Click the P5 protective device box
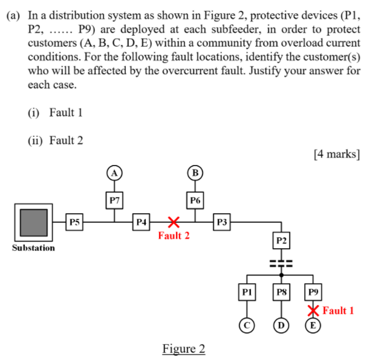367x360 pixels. click(x=74, y=222)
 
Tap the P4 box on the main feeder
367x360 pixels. click(x=141, y=222)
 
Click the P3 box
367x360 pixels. click(x=222, y=222)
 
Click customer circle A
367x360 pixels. click(x=114, y=172)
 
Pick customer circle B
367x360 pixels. click(x=195, y=172)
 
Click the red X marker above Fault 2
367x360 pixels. click(x=174, y=222)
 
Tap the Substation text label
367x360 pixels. click(x=33, y=248)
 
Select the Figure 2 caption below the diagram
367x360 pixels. click(x=184, y=349)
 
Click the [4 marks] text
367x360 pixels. click(x=337, y=153)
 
